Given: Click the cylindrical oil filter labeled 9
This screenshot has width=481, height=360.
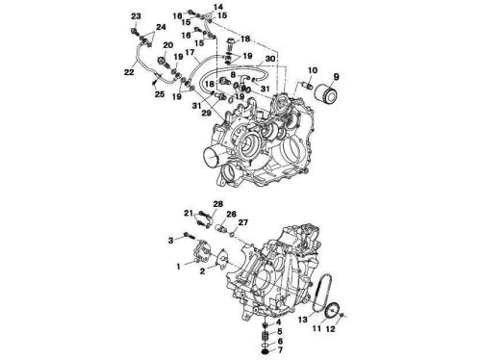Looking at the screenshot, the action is click(x=325, y=92).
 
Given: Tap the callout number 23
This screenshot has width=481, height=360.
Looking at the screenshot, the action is click(x=136, y=16).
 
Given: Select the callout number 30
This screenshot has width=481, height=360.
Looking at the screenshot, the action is click(x=270, y=59).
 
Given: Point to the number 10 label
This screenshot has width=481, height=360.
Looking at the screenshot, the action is click(x=313, y=70).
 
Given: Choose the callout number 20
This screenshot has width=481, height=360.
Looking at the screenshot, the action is click(x=168, y=46).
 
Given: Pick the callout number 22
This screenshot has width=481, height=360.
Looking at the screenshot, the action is click(x=129, y=72).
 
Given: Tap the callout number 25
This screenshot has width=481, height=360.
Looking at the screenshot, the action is click(x=160, y=94).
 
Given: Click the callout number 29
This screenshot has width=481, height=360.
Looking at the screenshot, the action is click(x=207, y=113).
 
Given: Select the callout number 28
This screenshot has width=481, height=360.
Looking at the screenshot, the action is click(x=217, y=204).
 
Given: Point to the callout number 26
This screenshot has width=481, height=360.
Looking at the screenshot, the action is click(x=231, y=214).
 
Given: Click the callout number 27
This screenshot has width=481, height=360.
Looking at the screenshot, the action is click(x=243, y=222).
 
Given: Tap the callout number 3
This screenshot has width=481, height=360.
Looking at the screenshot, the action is click(x=171, y=240).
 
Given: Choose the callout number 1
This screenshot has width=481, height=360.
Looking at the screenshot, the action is click(x=179, y=267).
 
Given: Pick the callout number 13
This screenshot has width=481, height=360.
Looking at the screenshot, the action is click(x=303, y=320).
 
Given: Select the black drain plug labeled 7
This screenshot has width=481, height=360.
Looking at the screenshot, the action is click(x=266, y=352).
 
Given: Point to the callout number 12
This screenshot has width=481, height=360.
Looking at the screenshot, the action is click(x=330, y=329).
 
